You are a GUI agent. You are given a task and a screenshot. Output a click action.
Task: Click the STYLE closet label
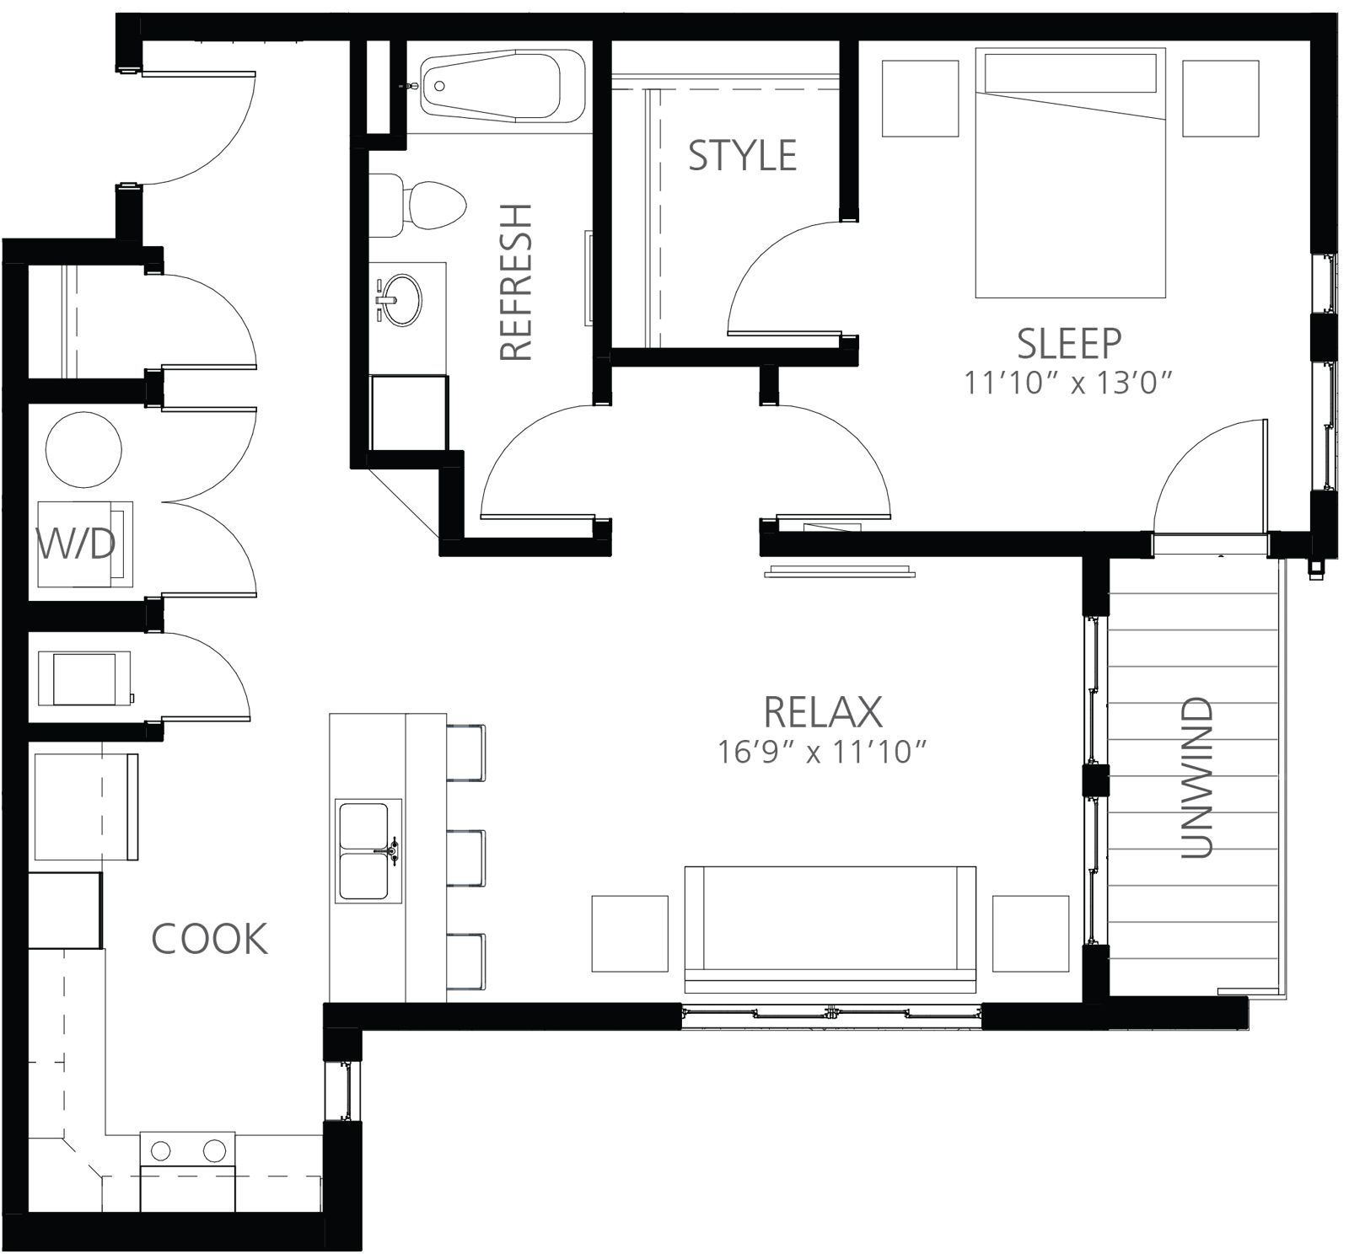pyautogui.click(x=742, y=156)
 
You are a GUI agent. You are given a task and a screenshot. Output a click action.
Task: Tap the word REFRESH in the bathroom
pyautogui.click(x=516, y=282)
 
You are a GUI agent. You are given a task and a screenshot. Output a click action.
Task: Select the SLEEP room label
pyautogui.click(x=1068, y=343)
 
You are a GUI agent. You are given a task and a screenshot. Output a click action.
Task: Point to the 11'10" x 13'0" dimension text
pyautogui.click(x=1069, y=383)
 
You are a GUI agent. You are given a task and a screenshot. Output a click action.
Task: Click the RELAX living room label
pyautogui.click(x=822, y=712)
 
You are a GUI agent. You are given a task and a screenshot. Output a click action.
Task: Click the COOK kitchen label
pyautogui.click(x=209, y=938)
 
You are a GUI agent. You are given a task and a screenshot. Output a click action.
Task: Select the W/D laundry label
pyautogui.click(x=76, y=544)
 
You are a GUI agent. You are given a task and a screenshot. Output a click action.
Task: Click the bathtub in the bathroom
pyautogui.click(x=503, y=86)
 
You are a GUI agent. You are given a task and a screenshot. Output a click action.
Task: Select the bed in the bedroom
pyautogui.click(x=1071, y=173)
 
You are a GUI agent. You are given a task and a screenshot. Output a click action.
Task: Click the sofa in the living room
pyautogui.click(x=830, y=929)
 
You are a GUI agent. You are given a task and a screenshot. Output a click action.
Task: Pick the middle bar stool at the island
pyautogui.click(x=465, y=858)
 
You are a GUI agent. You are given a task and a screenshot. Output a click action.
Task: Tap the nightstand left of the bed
pyautogui.click(x=920, y=98)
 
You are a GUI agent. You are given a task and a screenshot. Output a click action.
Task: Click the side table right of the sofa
pyautogui.click(x=1031, y=934)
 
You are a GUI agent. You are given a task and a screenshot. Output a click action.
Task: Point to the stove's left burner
pyautogui.click(x=160, y=1151)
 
